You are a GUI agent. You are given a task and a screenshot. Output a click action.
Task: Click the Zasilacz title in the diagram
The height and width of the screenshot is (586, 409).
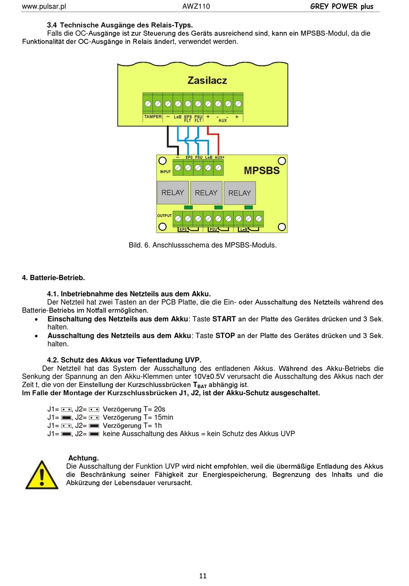click(207, 80)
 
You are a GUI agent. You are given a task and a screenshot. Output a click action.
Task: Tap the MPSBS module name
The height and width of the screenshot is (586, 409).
click(262, 171)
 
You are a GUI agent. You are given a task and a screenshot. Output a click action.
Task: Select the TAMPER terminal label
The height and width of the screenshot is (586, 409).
click(153, 117)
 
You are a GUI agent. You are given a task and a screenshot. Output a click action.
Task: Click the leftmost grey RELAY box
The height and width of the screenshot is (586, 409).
click(173, 193)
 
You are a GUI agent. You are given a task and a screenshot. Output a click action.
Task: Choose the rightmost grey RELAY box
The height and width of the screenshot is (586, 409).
click(240, 193)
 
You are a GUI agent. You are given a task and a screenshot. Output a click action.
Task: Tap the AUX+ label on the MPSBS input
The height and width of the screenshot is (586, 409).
click(220, 158)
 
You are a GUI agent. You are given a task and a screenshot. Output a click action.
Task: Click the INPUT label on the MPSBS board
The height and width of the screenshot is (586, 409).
click(165, 171)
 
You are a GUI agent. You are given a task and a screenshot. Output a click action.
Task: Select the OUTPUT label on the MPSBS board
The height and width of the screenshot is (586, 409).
click(164, 215)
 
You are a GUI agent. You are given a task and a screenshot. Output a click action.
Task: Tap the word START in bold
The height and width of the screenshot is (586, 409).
click(224, 319)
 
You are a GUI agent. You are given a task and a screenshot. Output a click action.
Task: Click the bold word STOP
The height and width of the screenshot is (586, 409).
click(225, 335)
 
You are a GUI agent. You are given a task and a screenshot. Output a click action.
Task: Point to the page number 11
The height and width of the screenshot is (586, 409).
click(203, 576)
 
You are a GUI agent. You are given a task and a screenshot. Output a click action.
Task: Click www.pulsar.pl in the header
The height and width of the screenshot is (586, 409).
click(44, 6)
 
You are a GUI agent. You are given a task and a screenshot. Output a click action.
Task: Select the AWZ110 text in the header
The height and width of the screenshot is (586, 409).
click(196, 6)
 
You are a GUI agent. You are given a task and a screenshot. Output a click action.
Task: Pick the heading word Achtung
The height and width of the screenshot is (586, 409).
click(84, 458)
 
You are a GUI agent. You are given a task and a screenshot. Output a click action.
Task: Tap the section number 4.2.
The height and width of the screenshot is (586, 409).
click(53, 360)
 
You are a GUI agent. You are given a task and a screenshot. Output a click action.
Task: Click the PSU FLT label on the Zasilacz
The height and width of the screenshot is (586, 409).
click(198, 118)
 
